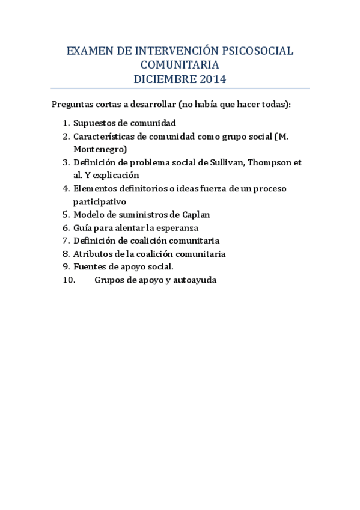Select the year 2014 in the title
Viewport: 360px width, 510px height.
coord(210,78)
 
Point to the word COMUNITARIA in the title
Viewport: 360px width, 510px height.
coord(180,65)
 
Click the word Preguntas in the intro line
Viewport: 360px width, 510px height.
coord(72,105)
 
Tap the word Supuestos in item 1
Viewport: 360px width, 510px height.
coord(92,123)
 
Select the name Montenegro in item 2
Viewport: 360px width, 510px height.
coord(100,149)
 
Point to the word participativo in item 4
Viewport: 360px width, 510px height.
coord(100,201)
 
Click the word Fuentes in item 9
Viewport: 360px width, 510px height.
coord(88,266)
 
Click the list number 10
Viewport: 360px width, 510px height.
coord(68,280)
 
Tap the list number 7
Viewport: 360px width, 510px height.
coord(66,241)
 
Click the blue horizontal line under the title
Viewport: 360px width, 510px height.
coord(180,88)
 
